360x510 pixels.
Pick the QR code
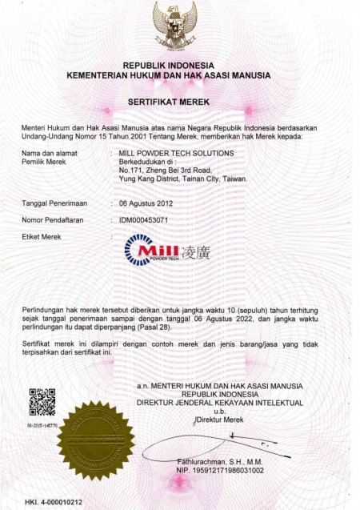pyautogui.click(x=42, y=400)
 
